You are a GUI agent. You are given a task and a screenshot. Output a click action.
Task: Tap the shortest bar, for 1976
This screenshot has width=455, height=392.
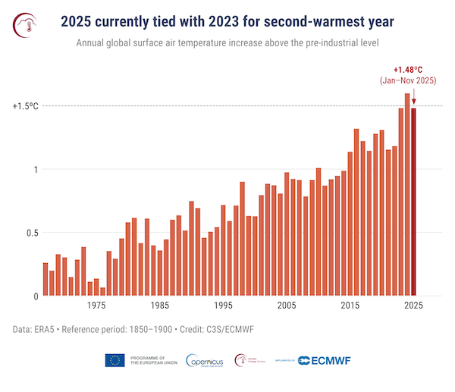[102, 292]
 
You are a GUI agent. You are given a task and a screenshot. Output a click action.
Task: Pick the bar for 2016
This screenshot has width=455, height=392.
[356, 212]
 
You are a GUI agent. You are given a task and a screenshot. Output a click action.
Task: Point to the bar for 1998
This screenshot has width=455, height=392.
[242, 239]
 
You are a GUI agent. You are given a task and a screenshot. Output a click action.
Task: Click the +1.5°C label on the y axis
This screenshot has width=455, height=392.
[25, 106]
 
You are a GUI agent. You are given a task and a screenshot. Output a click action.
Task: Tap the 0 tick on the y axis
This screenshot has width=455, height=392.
[35, 296]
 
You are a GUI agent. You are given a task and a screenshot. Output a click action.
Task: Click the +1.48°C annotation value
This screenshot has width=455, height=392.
[413, 70]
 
